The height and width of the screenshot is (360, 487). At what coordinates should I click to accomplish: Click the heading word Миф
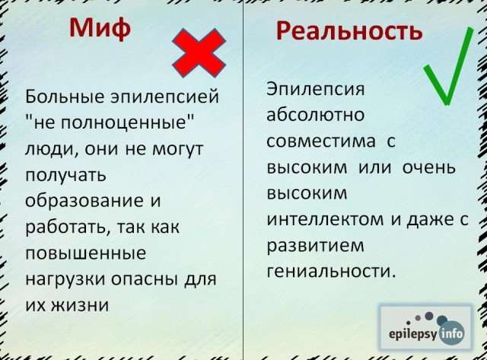pyautogui.click(x=100, y=29)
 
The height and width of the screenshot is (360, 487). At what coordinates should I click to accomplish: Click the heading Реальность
pyautogui.click(x=349, y=30)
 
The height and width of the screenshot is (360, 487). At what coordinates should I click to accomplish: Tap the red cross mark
pyautogui.click(x=199, y=53)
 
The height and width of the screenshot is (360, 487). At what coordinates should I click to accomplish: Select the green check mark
pyautogui.click(x=448, y=67)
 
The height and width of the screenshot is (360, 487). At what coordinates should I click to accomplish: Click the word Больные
pyautogui.click(x=65, y=97)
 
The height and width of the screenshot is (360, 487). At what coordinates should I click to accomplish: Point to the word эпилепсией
pyautogui.click(x=165, y=97)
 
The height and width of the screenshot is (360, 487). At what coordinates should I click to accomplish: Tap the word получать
pyautogui.click(x=66, y=176)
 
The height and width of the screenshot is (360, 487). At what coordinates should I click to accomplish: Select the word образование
pyautogui.click(x=84, y=200)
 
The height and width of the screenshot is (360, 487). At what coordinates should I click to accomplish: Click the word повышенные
pyautogui.click(x=86, y=253)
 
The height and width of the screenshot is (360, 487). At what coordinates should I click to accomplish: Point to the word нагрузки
pyautogui.click(x=65, y=279)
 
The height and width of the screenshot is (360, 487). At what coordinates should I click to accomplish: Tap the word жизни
pyautogui.click(x=80, y=305)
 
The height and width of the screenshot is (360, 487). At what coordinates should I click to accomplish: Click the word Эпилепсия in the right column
pyautogui.click(x=315, y=90)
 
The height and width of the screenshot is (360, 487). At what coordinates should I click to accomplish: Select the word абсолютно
pyautogui.click(x=315, y=114)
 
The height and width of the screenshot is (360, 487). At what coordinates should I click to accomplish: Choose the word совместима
pyautogui.click(x=321, y=142)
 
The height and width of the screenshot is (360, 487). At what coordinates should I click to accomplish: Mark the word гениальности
pyautogui.click(x=331, y=272)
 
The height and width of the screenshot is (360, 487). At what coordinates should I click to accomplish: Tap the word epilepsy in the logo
pyautogui.click(x=412, y=334)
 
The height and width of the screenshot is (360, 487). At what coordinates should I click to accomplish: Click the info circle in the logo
pyautogui.click(x=451, y=333)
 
